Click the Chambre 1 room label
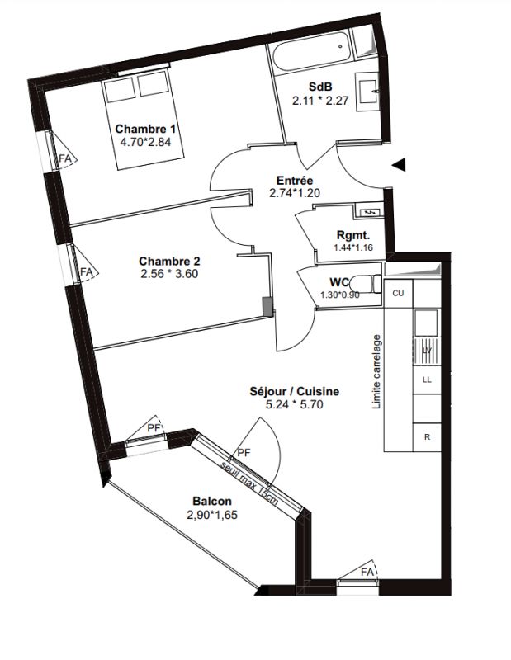[145, 129]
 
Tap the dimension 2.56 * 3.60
[169, 274]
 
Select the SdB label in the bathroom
[320, 87]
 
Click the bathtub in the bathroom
[311, 54]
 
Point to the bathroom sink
[367, 92]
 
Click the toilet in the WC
[365, 285]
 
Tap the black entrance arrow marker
[399, 164]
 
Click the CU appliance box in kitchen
[398, 294]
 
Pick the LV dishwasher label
[427, 350]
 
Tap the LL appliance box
[427, 379]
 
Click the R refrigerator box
[427, 437]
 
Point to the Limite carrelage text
[376, 372]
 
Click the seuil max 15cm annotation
[251, 481]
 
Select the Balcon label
[212, 502]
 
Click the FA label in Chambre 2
[87, 272]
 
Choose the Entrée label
[295, 181]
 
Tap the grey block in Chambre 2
[267, 306]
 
